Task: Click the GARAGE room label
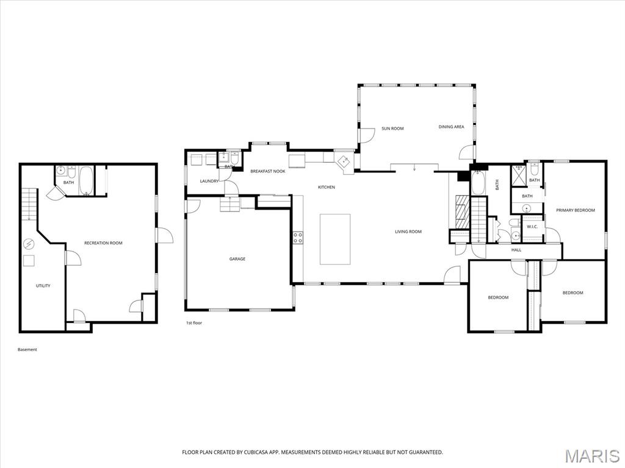(237, 259)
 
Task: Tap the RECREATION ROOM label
(103, 243)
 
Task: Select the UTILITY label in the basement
(43, 286)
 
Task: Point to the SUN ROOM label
(392, 129)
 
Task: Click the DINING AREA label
(451, 127)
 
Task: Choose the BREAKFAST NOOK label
(267, 171)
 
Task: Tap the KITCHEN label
(326, 187)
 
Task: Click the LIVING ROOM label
(408, 232)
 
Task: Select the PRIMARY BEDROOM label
(575, 210)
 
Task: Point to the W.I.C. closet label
(532, 227)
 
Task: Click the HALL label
(516, 250)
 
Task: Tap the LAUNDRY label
(209, 181)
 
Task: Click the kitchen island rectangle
(335, 239)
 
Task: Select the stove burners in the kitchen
(298, 237)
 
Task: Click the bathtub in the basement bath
(85, 180)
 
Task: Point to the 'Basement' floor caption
(27, 350)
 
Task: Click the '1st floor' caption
(194, 323)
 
